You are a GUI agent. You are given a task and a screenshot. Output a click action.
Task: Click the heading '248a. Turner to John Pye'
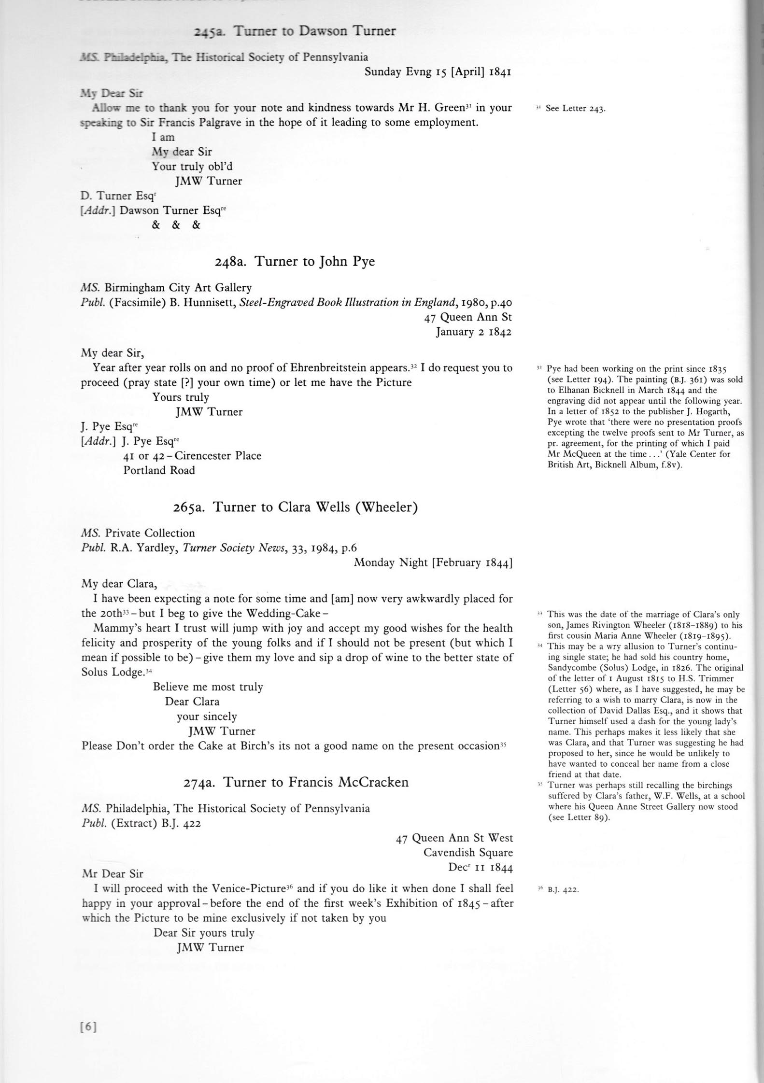(x=295, y=262)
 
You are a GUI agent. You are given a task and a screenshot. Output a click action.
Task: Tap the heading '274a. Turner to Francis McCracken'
(x=296, y=782)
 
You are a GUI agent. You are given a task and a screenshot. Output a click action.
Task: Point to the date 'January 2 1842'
(x=473, y=332)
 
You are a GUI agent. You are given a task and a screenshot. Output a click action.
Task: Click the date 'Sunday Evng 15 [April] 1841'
(x=438, y=72)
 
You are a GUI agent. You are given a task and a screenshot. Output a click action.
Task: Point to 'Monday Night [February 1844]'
(x=433, y=563)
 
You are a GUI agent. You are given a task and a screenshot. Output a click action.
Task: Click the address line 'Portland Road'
(x=159, y=470)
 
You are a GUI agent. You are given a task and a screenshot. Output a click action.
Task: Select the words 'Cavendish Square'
(x=468, y=853)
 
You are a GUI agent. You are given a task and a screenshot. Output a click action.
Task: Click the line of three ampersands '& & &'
(x=176, y=225)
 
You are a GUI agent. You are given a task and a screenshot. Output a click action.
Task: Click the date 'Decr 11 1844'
(x=480, y=867)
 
